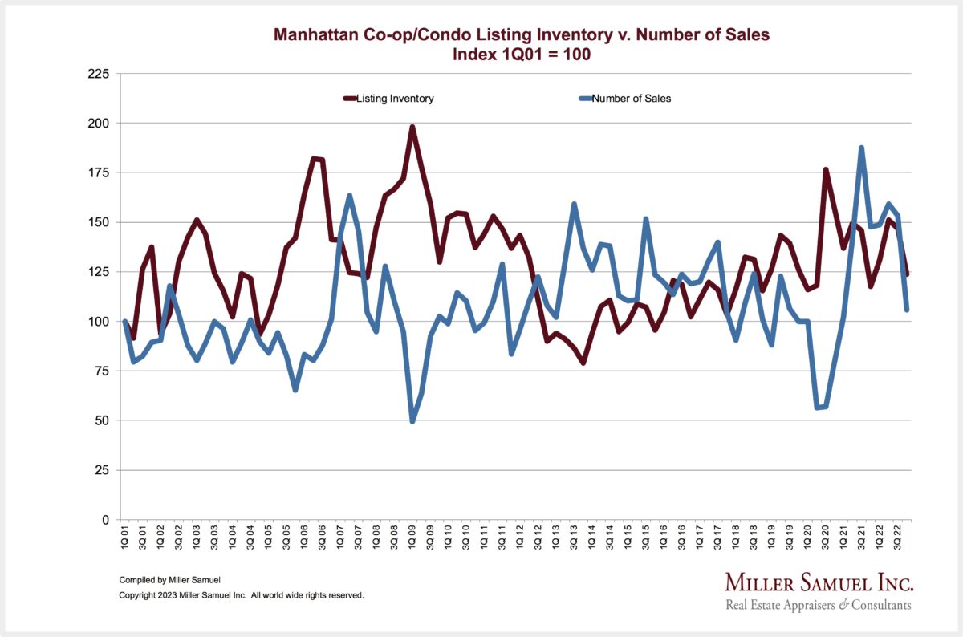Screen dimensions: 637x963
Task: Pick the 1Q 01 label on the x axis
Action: pos(125,538)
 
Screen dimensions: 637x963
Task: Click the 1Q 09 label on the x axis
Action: pos(412,538)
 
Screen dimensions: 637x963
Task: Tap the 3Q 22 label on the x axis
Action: pos(899,538)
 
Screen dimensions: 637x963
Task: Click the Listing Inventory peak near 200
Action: pos(412,127)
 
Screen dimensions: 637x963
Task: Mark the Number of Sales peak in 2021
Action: pos(862,148)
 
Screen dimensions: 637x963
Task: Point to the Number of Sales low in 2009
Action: pos(412,421)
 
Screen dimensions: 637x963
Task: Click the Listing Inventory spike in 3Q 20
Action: pos(826,169)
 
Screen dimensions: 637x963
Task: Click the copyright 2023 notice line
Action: pos(241,595)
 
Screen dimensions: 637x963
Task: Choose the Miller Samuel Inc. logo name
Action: pos(819,582)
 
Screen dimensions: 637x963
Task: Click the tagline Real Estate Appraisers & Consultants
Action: pos(819,605)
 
